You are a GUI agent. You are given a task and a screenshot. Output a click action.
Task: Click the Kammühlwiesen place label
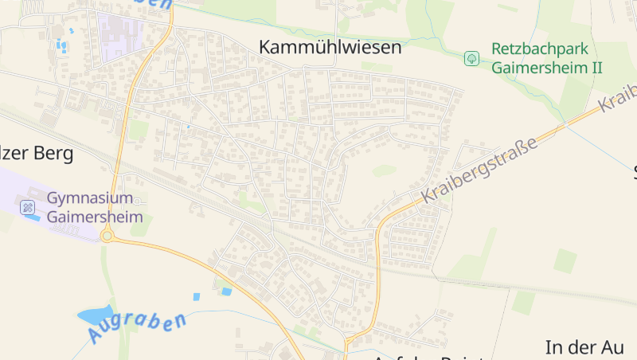[330, 48]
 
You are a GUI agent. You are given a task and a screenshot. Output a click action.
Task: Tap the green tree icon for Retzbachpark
[472, 58]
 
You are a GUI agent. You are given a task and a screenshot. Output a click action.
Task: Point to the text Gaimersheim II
[546, 68]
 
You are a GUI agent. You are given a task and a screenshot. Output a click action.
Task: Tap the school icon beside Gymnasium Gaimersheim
[29, 207]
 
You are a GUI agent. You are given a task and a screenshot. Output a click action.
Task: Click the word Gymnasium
[89, 198]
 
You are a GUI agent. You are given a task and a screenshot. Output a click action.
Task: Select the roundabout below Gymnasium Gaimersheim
[107, 236]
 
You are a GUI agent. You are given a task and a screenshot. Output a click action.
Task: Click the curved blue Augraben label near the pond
[137, 327]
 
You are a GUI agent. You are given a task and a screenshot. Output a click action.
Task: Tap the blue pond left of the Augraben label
[95, 314]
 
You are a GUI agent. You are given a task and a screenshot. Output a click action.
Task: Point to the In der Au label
[584, 347]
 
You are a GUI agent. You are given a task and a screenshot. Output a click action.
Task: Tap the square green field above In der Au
[565, 261]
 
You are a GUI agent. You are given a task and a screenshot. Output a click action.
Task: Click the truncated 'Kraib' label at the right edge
[619, 99]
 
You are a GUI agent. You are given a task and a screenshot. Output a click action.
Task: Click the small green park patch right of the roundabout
[140, 226]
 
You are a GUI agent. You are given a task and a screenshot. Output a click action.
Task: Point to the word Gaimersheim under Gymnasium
[95, 217]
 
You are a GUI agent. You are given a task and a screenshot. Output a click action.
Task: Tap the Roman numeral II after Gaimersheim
[594, 68]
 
